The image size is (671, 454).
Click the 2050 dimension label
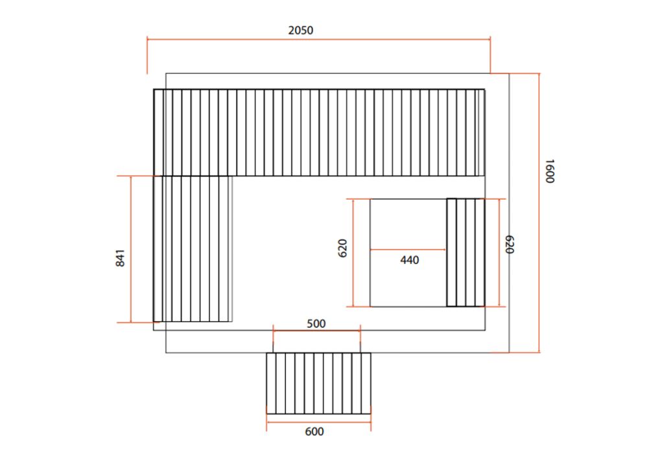[300, 30]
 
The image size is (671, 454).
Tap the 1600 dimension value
[550, 171]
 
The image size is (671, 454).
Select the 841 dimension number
[120, 258]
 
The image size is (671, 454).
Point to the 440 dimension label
[410, 260]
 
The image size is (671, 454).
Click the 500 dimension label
[316, 324]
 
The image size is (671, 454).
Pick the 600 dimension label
[314, 432]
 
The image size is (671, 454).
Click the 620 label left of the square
[342, 248]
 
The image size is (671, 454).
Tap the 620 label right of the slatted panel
[509, 244]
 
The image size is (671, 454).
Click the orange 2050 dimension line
[319, 40]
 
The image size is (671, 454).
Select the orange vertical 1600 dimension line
[539, 213]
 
